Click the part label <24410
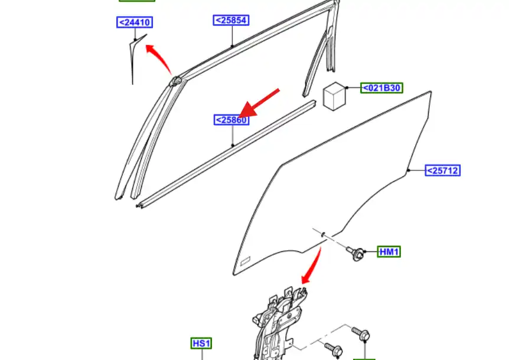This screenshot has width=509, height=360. click(x=135, y=22)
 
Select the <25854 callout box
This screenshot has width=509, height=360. click(x=231, y=20)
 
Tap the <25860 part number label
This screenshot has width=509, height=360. click(x=231, y=120)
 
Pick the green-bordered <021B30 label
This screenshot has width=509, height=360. click(x=381, y=88)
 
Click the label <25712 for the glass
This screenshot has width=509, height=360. click(x=443, y=171)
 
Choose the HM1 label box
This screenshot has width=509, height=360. click(x=389, y=251)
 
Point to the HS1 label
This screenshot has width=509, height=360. click(x=201, y=343)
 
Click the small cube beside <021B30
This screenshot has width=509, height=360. click(x=334, y=96)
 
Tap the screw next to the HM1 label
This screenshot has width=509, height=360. click(x=355, y=253)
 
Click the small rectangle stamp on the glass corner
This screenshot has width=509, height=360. click(x=245, y=260)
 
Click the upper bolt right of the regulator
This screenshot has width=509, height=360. click(x=361, y=333)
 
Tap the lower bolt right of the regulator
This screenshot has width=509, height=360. click(x=334, y=348)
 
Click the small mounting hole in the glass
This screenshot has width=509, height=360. click(x=324, y=234)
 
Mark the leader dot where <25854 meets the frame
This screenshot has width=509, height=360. click(x=232, y=47)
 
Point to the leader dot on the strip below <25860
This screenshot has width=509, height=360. click(x=233, y=146)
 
